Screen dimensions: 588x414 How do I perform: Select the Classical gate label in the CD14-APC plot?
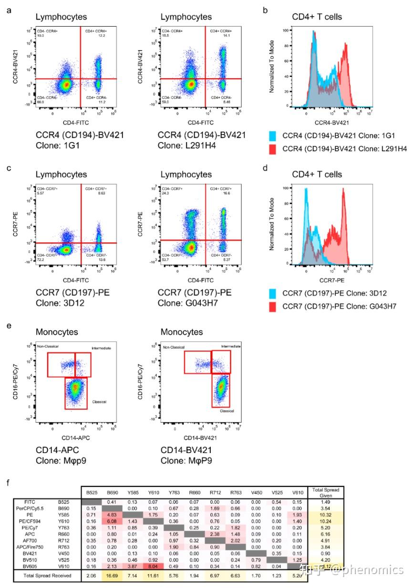tap(99, 402)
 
